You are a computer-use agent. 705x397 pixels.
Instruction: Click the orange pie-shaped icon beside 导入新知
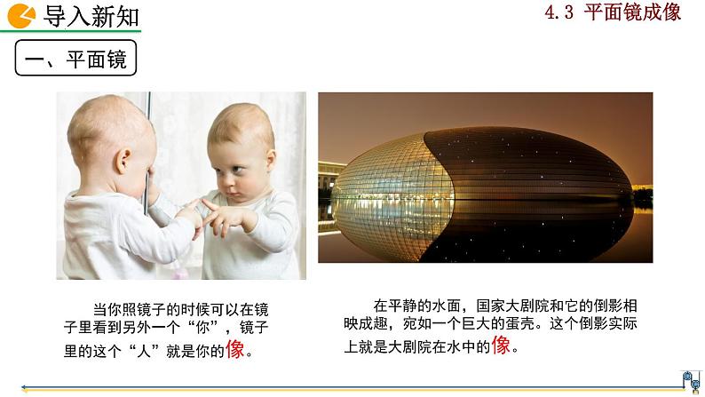[x=21, y=16]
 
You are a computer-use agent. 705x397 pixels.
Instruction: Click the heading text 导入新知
[x=91, y=17]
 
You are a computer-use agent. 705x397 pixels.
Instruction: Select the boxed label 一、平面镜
[x=75, y=58]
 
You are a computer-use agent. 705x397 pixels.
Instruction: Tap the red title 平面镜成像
[x=632, y=12]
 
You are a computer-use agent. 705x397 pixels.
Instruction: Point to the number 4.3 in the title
[x=558, y=12]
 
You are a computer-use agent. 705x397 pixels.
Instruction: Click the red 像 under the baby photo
[x=234, y=349]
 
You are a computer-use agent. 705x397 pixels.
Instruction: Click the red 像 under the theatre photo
[x=501, y=345]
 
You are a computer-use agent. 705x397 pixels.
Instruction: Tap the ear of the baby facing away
[x=122, y=162]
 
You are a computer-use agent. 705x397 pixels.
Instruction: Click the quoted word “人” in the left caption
[x=144, y=351]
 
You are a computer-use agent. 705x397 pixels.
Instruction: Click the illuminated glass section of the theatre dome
[x=392, y=198]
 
